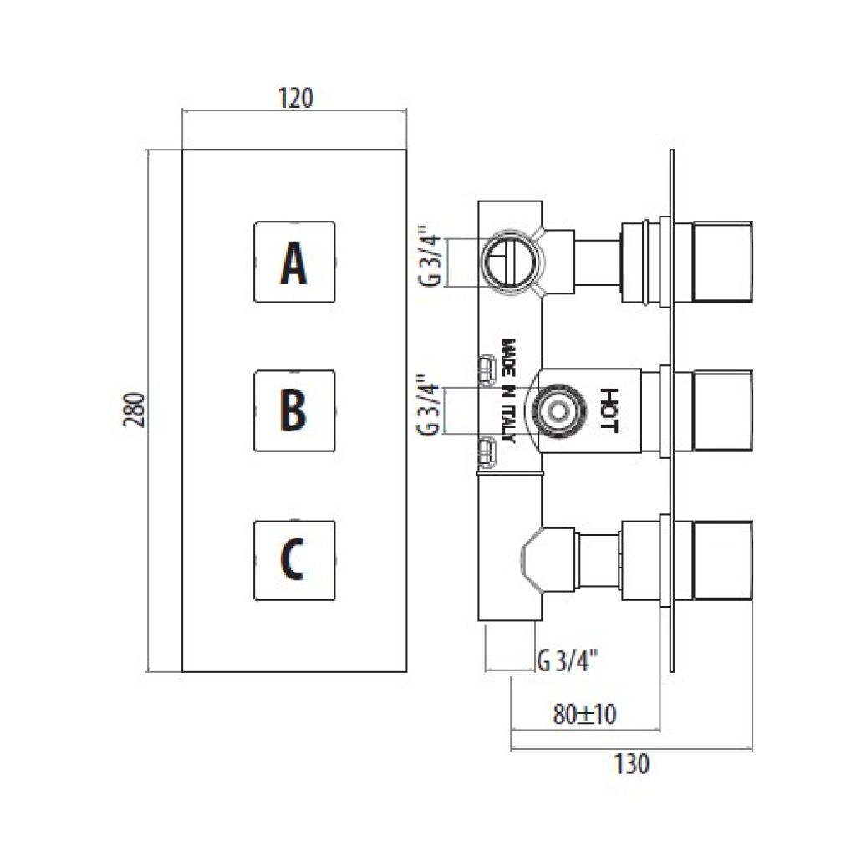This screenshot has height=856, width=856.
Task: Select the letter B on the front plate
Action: (293, 410)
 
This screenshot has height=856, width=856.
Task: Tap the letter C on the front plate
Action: (292, 559)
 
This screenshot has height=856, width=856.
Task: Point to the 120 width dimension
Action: (296, 99)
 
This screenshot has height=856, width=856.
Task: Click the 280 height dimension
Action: (136, 410)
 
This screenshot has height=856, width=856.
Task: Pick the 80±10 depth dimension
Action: (584, 714)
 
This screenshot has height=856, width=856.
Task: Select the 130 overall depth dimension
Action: (632, 764)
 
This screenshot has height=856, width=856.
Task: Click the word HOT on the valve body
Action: (609, 410)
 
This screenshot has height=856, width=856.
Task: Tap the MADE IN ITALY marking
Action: (507, 391)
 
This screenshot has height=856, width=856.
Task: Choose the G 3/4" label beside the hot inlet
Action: (429, 405)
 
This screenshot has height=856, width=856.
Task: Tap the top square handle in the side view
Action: (723, 262)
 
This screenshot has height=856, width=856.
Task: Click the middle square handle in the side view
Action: (723, 411)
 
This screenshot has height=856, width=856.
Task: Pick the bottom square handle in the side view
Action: (723, 561)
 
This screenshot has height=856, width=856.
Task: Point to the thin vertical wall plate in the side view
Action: (671, 410)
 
